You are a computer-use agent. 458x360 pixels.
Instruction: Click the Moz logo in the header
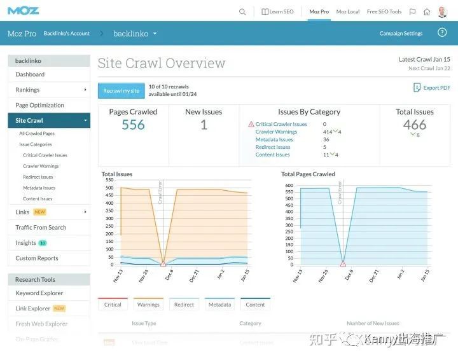coord(24,11)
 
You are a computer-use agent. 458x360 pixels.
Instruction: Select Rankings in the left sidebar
coord(27,90)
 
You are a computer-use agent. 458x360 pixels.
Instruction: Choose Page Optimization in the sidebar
coord(39,105)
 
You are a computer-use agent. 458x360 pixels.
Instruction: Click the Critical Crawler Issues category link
coord(281,124)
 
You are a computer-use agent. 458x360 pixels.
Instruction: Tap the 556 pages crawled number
coord(133,125)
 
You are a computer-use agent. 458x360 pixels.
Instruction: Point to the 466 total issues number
coord(415,125)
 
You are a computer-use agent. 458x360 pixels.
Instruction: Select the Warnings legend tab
coord(148,305)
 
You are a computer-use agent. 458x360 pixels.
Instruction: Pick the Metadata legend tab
coord(219,305)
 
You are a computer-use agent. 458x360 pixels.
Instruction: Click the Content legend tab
coord(255,305)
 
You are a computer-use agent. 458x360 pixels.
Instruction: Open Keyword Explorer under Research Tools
coord(39,293)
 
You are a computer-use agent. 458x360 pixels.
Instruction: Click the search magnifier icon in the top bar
coord(242,11)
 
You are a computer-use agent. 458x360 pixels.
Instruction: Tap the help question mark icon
coord(442,33)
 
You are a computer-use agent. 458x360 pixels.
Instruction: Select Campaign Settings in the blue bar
coord(401,34)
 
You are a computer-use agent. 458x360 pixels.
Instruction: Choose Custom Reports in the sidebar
coord(37,258)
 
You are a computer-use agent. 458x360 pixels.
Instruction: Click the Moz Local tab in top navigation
coord(348,11)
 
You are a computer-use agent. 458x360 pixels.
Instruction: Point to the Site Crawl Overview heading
coord(161,63)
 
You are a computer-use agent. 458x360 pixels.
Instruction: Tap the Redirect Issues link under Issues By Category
coord(273,147)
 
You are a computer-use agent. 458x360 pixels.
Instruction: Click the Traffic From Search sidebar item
coord(41,227)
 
